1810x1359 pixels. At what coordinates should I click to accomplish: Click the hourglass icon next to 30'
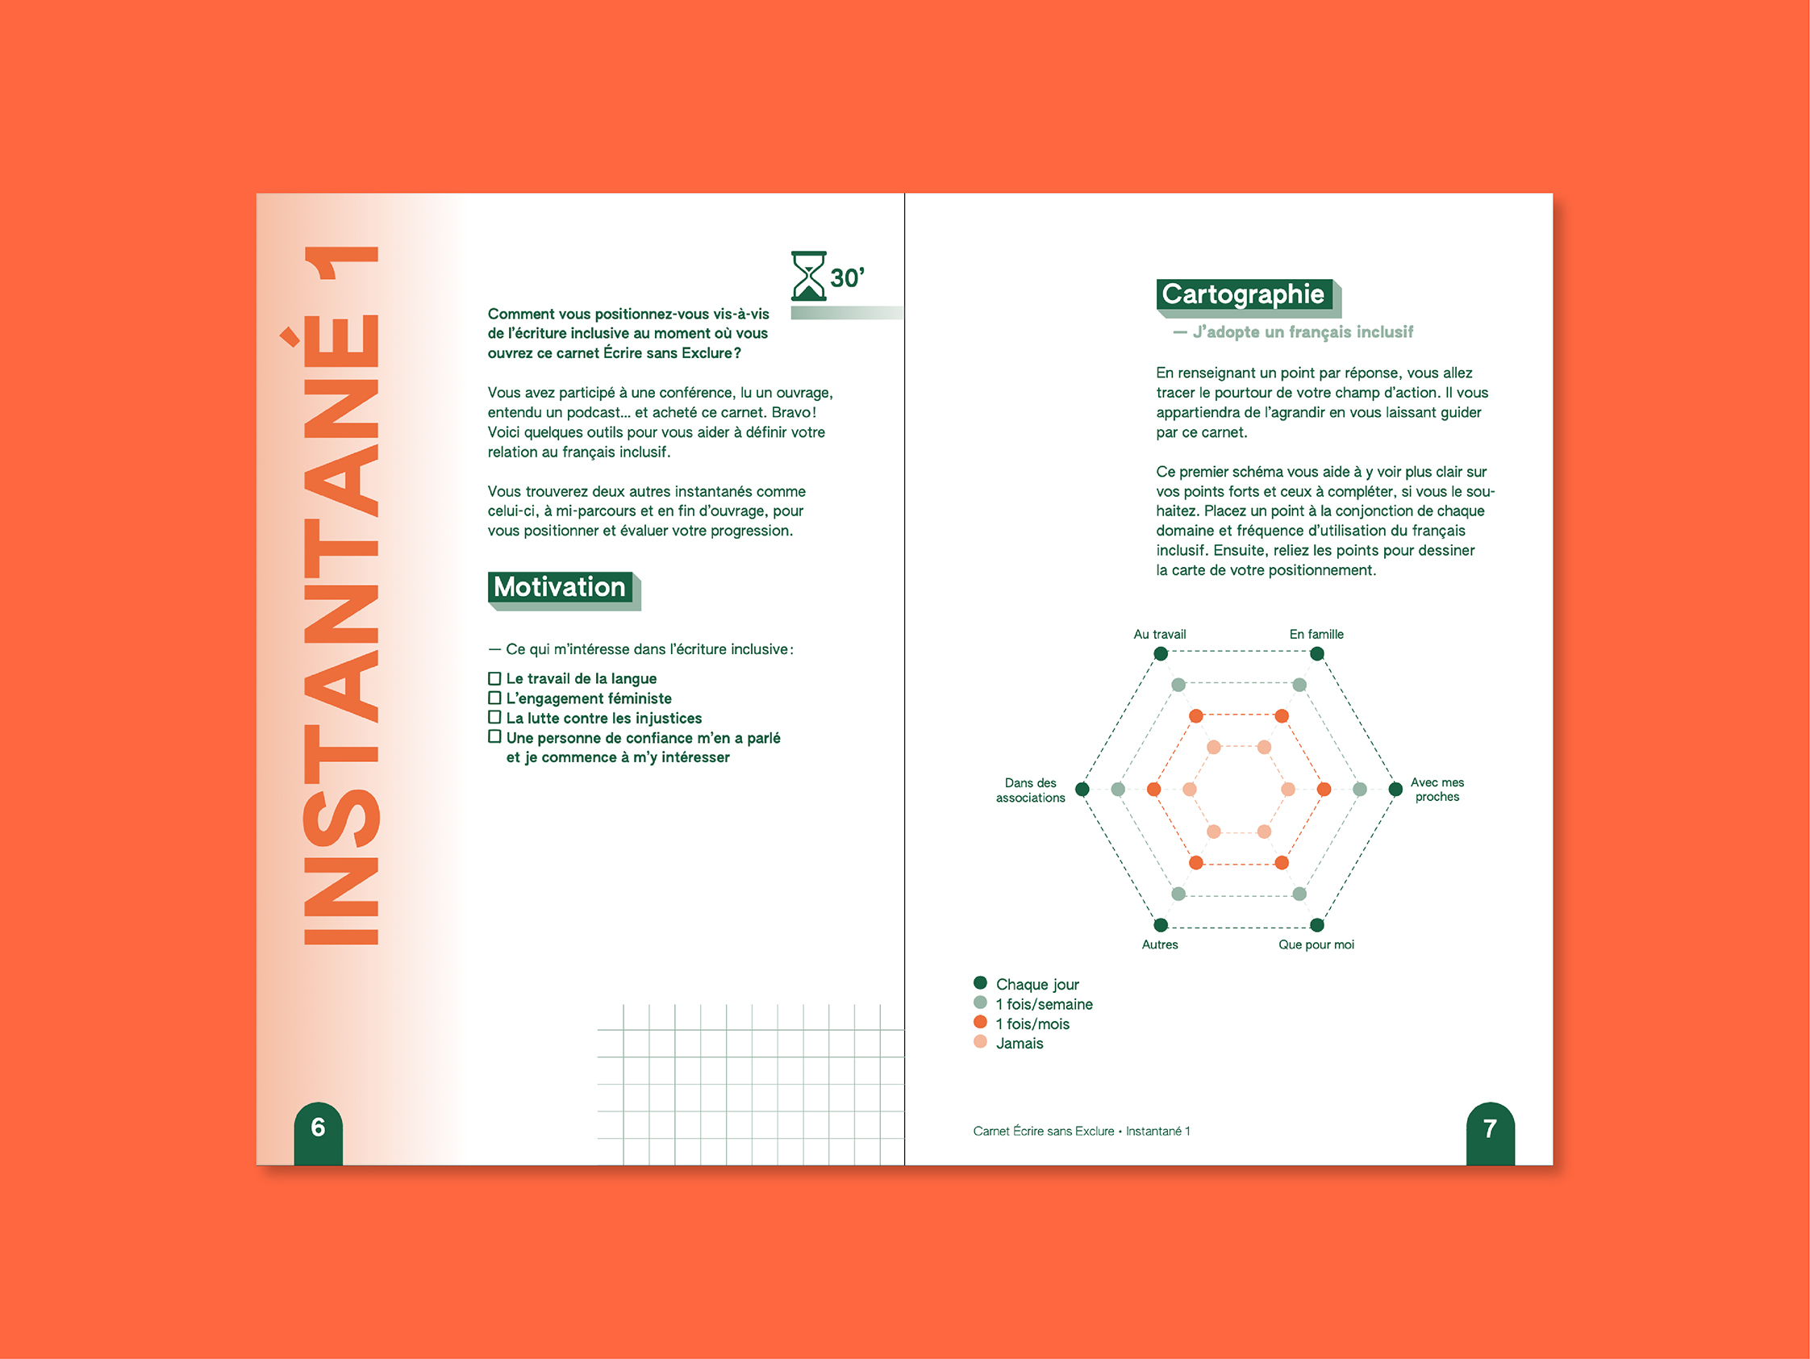[x=808, y=277]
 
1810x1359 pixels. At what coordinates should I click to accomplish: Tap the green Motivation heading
[x=560, y=587]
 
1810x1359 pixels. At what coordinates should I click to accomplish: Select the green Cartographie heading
[x=1243, y=294]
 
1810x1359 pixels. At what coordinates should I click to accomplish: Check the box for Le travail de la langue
[x=494, y=678]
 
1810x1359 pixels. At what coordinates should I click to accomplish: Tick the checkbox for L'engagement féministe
[x=494, y=698]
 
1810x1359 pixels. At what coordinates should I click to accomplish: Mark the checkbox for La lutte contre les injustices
[x=494, y=718]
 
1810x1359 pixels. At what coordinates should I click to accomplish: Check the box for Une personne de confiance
[x=494, y=737]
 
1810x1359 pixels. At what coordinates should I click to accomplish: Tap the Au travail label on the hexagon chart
[x=1159, y=634]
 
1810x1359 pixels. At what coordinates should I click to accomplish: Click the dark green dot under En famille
[x=1316, y=654]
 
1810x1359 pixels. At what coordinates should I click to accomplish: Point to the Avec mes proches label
[x=1437, y=790]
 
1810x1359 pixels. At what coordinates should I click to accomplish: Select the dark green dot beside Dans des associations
[x=1082, y=790]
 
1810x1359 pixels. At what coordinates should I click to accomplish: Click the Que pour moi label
[x=1316, y=944]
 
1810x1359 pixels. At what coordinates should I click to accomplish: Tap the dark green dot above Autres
[x=1161, y=925]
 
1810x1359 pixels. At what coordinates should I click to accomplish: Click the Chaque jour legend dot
[x=980, y=983]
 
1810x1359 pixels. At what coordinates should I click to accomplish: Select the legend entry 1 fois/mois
[x=1032, y=1023]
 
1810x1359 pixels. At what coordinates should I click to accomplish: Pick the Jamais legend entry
[x=1019, y=1043]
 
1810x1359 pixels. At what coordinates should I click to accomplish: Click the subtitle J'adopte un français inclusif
[x=1302, y=332]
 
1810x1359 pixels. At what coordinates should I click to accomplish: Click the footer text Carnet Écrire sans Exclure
[x=1043, y=1131]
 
